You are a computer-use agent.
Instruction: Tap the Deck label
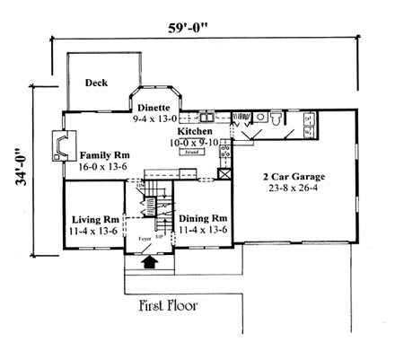coord(97,83)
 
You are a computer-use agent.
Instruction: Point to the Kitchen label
coord(194,131)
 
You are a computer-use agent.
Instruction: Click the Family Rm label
coord(111,155)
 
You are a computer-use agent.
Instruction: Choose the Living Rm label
coord(95,218)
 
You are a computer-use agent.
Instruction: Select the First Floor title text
coord(168,304)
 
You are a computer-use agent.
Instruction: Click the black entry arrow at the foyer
coord(149,262)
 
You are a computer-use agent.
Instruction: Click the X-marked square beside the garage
coord(225,174)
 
